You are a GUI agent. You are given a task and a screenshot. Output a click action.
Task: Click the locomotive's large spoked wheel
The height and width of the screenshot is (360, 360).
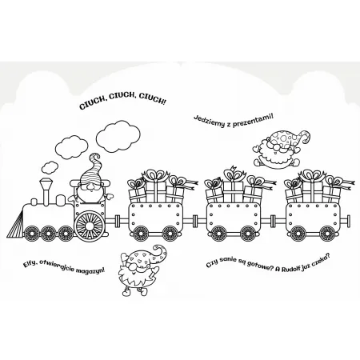point(90,226)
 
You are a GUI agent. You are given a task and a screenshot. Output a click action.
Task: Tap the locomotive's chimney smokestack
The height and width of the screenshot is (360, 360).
point(46,191)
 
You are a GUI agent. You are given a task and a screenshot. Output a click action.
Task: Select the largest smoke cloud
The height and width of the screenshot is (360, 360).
point(118,137)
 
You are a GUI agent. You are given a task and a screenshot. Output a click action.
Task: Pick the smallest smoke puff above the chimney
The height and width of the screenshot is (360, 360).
point(50,167)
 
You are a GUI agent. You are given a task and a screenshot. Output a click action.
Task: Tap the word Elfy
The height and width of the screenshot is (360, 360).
point(30,265)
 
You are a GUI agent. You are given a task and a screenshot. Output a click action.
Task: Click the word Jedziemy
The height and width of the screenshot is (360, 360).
point(210,121)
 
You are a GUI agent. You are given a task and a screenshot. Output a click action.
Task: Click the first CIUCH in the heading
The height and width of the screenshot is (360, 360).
point(91,104)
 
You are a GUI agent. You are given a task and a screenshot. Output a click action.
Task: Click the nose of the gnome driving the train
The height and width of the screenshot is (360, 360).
point(91,189)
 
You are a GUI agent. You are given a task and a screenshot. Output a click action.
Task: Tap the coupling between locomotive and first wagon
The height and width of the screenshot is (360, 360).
point(116,220)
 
